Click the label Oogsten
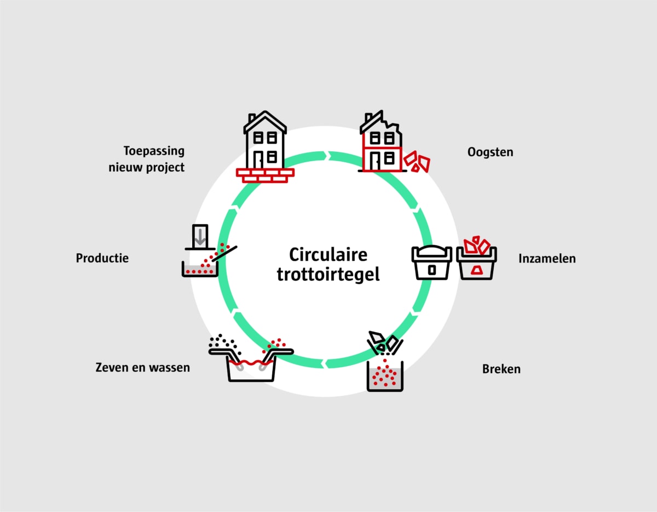tap(490, 152)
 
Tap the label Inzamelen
tap(547, 258)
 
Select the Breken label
tap(501, 368)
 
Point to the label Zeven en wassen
tap(142, 367)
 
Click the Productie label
tap(102, 258)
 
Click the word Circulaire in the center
tap(328, 255)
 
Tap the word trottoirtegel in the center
tap(328, 274)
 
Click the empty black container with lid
tap(432, 262)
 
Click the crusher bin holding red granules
tap(385, 376)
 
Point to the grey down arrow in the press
tap(200, 236)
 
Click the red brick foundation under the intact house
tap(265, 175)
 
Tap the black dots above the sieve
tap(224, 343)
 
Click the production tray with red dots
tap(200, 269)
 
